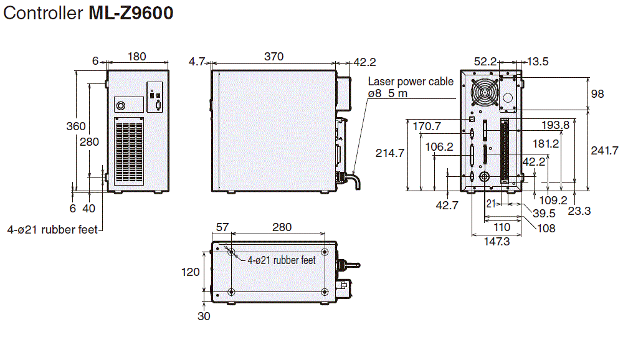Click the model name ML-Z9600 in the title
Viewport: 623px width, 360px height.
coord(131,13)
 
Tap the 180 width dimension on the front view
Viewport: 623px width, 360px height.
coord(136,57)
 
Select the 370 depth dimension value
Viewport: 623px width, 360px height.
coord(273,57)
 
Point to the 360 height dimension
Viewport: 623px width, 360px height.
coord(75,126)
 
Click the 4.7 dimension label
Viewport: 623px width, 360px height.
coord(197,61)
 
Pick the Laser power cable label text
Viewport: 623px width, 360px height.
coord(411,82)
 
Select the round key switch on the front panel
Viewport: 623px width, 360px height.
coord(120,105)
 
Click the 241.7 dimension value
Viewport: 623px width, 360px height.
coord(604,150)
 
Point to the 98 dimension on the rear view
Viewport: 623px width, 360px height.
coord(597,94)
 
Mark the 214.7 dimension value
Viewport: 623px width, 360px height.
coord(390,152)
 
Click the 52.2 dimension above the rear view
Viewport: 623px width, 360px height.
coord(485,61)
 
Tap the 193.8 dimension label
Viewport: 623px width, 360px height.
coord(555,125)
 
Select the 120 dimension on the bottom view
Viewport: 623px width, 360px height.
coord(191,272)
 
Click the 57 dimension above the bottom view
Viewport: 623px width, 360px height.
coord(222,227)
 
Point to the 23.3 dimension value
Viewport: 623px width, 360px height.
coord(579,211)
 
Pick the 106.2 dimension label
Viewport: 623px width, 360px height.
coord(439,147)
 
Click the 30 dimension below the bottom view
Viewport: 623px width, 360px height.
coord(204,316)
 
